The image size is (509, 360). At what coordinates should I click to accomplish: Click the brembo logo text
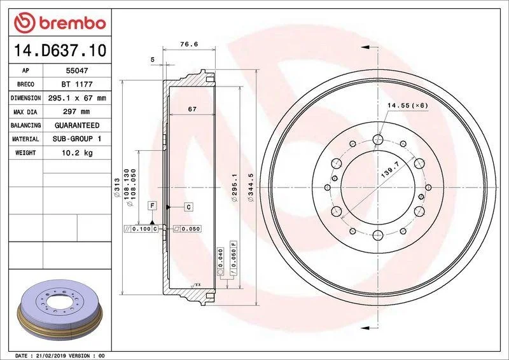pyautogui.click(x=73, y=24)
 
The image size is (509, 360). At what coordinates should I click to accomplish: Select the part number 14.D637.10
pyautogui.click(x=60, y=51)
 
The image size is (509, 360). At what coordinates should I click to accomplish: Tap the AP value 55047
pyautogui.click(x=77, y=71)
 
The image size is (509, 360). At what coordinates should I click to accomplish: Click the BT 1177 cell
pyautogui.click(x=77, y=84)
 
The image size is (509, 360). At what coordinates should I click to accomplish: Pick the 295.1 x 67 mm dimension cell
pyautogui.click(x=77, y=98)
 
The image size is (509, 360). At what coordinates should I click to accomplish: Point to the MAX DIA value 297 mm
pyautogui.click(x=76, y=112)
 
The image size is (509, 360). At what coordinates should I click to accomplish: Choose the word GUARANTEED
pyautogui.click(x=77, y=125)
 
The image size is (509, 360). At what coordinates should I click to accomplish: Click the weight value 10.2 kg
pyautogui.click(x=77, y=153)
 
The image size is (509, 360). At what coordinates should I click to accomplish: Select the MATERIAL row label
pyautogui.click(x=25, y=139)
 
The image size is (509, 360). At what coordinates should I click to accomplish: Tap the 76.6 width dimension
pyautogui.click(x=189, y=44)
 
